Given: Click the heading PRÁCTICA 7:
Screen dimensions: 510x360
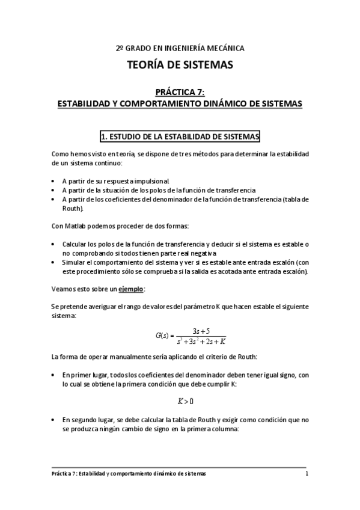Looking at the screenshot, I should pos(180,92).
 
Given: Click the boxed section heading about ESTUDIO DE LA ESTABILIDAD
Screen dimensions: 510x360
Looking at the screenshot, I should pos(180,137).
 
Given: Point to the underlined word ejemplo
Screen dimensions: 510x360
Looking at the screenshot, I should pos(131,289).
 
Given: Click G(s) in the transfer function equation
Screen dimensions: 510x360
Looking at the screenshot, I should pos(162,336).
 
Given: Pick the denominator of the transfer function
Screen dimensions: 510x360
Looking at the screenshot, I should pos(201,342).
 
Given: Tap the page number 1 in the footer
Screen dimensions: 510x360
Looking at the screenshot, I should pos(307,474).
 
